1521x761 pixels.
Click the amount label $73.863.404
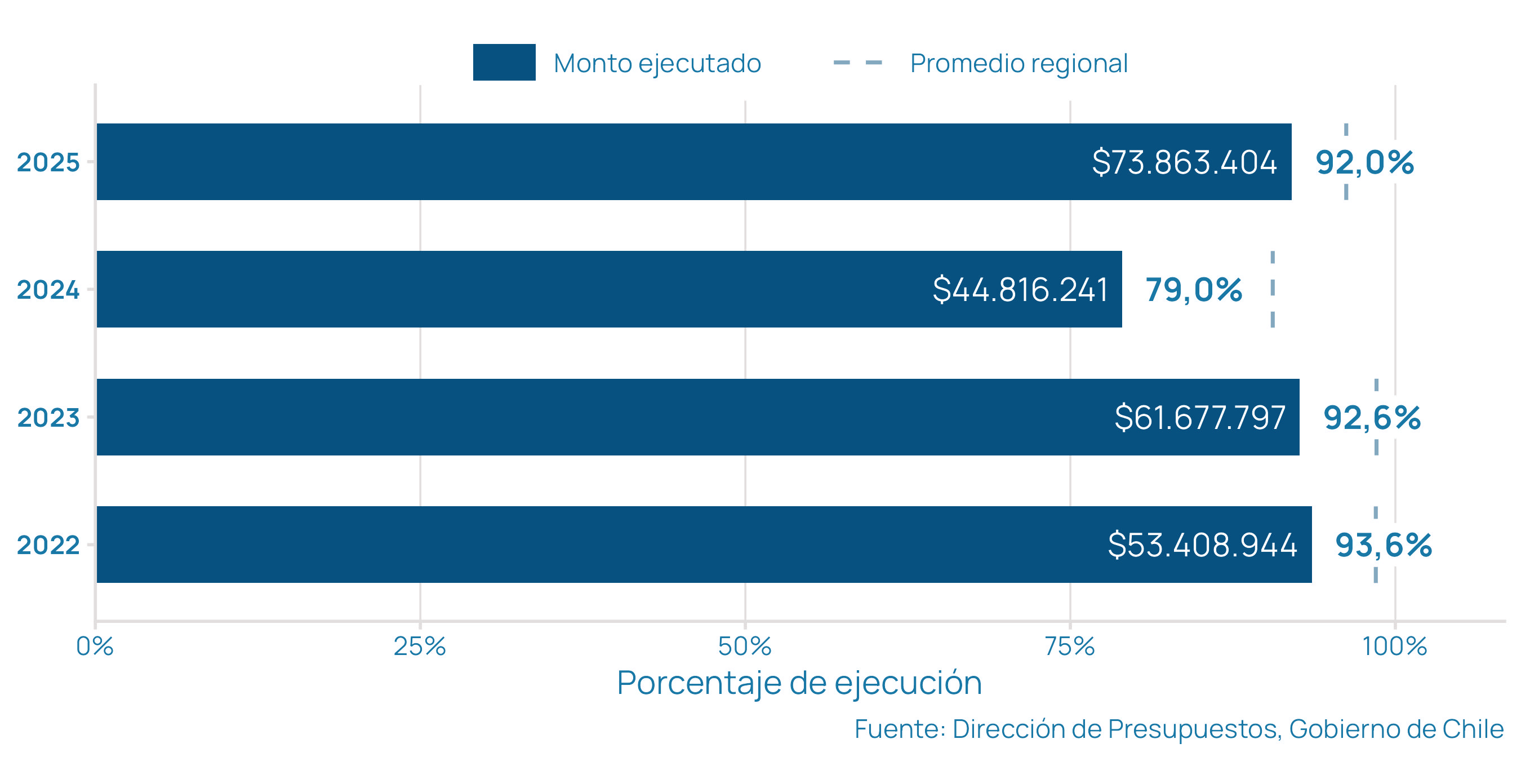point(1184,162)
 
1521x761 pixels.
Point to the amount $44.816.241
point(1020,290)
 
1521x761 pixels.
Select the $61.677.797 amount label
point(1200,417)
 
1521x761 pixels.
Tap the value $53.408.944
point(1202,545)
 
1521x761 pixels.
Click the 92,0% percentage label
point(1364,162)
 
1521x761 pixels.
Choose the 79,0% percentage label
point(1194,290)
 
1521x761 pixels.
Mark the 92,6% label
point(1372,418)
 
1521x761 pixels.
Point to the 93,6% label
point(1384,545)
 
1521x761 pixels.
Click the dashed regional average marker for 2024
point(1273,290)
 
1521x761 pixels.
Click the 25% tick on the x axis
point(420,647)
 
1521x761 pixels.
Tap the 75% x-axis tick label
point(1070,647)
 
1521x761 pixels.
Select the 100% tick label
point(1394,647)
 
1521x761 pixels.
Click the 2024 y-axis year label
point(48,290)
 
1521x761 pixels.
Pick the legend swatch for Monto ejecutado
point(504,62)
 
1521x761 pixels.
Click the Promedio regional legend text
point(1019,63)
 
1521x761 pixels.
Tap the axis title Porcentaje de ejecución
point(799,683)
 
